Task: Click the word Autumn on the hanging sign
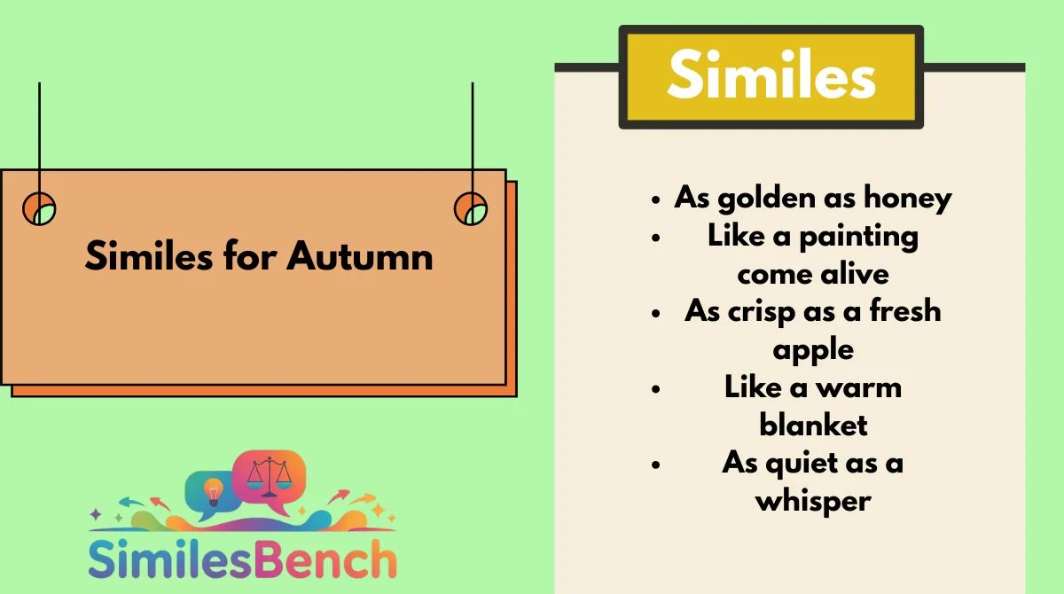click(x=360, y=256)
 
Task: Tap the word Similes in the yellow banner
click(x=771, y=74)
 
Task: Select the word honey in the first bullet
click(x=908, y=199)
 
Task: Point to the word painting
click(x=859, y=238)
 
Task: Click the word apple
click(x=813, y=351)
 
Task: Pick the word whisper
click(x=813, y=502)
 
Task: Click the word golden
click(x=767, y=199)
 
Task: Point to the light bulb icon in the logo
click(x=214, y=492)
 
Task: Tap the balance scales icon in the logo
click(x=270, y=476)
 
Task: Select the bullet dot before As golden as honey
click(x=656, y=199)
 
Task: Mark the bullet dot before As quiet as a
click(x=656, y=465)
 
